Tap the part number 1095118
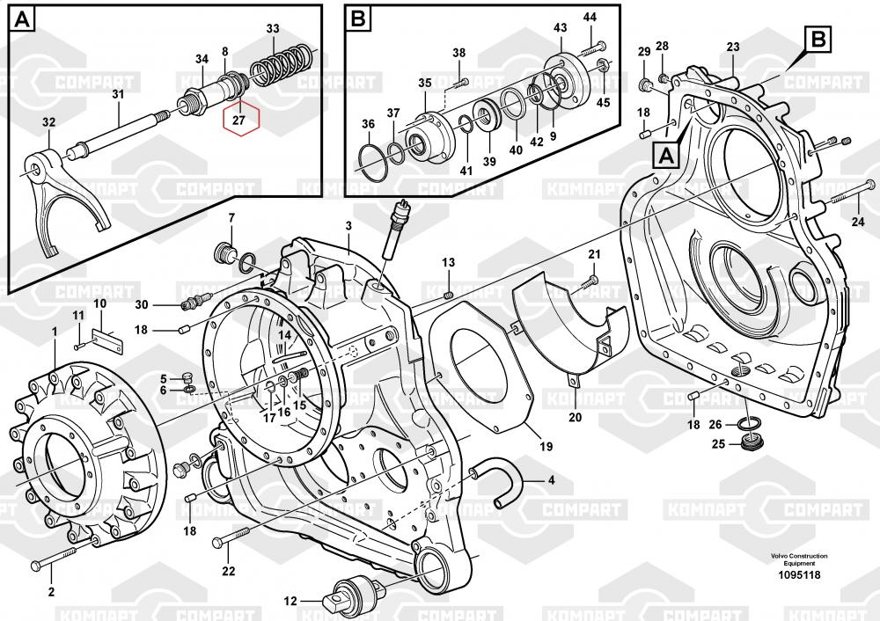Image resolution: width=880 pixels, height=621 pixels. click(800, 575)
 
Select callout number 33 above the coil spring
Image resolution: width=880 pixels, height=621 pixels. click(273, 29)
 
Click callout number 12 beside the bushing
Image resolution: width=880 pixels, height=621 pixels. click(291, 602)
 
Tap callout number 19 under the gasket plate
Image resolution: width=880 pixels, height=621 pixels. click(546, 447)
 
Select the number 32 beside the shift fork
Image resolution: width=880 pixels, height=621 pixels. click(48, 122)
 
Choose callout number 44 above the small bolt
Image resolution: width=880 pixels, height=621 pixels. click(590, 18)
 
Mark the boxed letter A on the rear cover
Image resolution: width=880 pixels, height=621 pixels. click(666, 156)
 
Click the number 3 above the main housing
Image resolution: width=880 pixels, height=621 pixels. click(348, 226)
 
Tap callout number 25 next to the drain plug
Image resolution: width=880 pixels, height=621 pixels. click(719, 443)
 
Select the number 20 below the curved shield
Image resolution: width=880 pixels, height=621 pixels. click(576, 417)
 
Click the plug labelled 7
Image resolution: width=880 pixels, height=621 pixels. click(228, 255)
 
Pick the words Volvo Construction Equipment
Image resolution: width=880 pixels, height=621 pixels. click(799, 560)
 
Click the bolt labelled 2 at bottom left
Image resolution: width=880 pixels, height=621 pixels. click(56, 554)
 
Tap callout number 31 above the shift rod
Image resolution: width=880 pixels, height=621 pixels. click(118, 94)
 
